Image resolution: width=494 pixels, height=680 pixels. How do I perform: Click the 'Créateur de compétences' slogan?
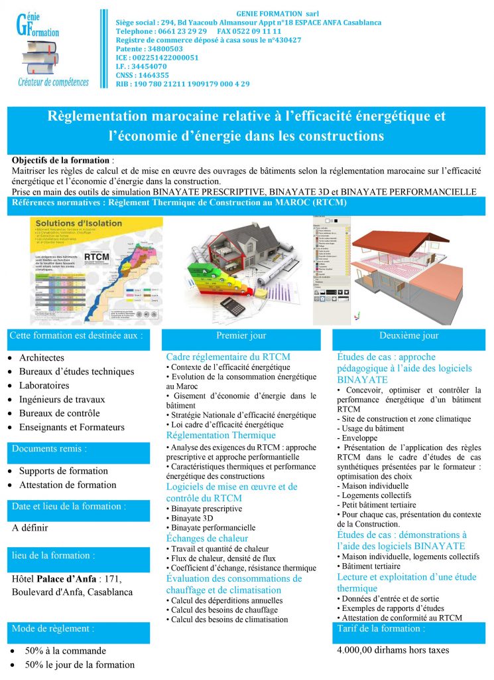click(53, 82)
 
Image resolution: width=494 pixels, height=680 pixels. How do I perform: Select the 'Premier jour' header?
click(241, 336)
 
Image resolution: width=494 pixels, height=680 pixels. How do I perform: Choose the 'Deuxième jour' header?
click(408, 336)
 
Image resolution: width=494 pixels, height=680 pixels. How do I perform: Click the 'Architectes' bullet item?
click(42, 358)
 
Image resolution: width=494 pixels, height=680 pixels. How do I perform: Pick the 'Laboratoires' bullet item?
click(44, 386)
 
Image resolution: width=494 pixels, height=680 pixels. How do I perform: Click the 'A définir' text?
click(31, 529)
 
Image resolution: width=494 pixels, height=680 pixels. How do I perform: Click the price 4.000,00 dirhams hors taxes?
click(393, 650)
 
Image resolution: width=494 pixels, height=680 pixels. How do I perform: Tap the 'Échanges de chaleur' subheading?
click(207, 539)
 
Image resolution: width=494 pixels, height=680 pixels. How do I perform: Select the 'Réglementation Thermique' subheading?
click(212, 436)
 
